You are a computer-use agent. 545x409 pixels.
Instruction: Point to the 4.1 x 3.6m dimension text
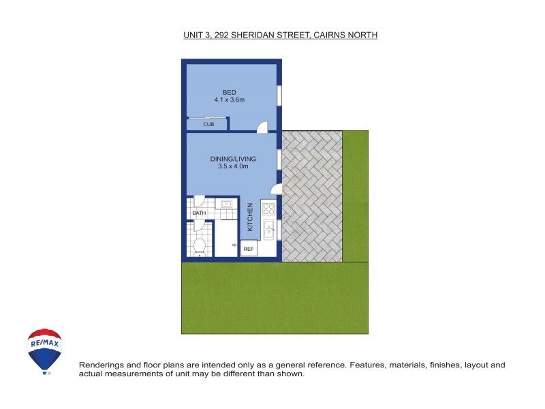[229, 100]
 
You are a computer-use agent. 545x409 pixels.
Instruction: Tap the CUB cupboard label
[208, 124]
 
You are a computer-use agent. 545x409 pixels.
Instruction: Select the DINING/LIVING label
[232, 158]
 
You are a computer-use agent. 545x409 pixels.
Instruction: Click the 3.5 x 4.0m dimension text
[232, 166]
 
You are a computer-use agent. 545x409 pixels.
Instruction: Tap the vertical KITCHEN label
[251, 217]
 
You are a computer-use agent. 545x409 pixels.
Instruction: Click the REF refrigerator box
[248, 249]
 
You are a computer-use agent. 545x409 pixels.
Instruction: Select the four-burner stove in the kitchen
[268, 209]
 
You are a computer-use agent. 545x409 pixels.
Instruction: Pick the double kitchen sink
[269, 230]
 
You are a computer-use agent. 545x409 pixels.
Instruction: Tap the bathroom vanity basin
[225, 203]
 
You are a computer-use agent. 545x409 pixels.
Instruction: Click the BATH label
[199, 213]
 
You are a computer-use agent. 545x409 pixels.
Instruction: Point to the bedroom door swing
[262, 127]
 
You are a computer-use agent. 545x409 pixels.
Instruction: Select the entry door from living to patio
[276, 190]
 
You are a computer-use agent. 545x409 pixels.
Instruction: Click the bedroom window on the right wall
[279, 95]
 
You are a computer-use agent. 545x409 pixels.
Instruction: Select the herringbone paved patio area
[312, 196]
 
